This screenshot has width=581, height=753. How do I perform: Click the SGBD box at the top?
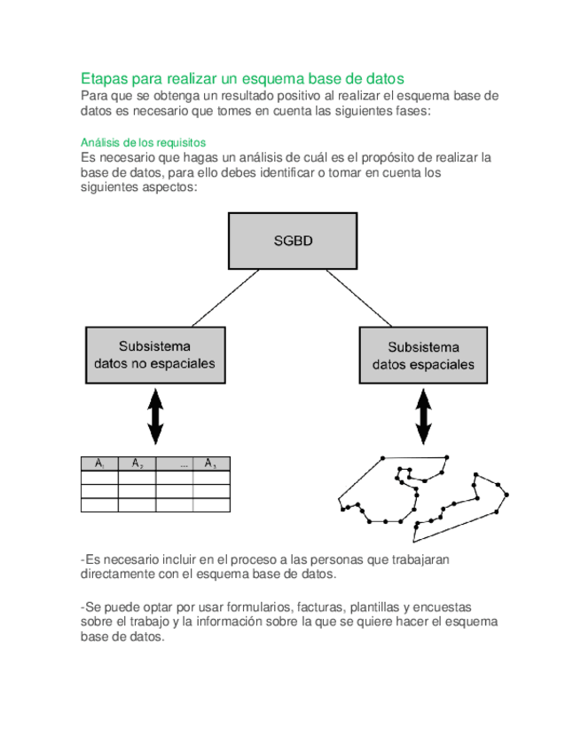pos(294,241)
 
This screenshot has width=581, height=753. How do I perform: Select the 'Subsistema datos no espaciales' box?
pos(154,354)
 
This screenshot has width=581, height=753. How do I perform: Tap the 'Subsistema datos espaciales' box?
pos(423,355)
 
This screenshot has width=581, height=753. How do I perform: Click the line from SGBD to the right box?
pos(358,298)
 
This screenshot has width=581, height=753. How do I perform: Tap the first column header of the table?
pos(99,464)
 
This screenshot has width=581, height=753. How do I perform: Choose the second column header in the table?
pos(137,464)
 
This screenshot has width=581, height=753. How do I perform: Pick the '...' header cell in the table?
pos(175,464)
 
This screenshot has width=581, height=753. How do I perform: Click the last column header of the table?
pos(211,464)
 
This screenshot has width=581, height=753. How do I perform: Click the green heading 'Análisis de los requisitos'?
pos(143,142)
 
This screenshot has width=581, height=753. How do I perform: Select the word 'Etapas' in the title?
pos(106,78)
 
